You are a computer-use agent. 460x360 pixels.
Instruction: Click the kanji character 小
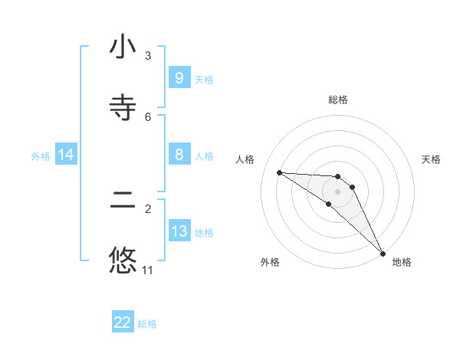click(x=123, y=47)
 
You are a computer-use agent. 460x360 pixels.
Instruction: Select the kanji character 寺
click(x=123, y=107)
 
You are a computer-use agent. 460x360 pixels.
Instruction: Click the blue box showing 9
click(x=179, y=78)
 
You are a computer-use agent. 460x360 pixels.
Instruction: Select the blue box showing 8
click(x=179, y=155)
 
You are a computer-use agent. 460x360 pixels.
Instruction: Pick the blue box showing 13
click(x=179, y=231)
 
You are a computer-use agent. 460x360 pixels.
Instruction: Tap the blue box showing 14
click(x=66, y=155)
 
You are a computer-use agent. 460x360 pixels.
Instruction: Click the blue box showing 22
click(x=123, y=322)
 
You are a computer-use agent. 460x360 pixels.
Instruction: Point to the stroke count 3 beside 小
click(x=148, y=56)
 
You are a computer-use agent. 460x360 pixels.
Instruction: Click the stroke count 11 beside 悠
click(x=147, y=270)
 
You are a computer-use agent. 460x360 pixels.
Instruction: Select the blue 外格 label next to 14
click(x=41, y=155)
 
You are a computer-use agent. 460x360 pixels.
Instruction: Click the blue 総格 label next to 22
click(x=147, y=324)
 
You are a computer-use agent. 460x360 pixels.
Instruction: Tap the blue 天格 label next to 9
click(x=204, y=79)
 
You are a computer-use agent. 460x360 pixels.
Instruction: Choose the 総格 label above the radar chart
click(x=338, y=100)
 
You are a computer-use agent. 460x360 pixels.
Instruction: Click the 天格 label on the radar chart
click(x=432, y=159)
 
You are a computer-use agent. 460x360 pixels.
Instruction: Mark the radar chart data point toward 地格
click(x=383, y=252)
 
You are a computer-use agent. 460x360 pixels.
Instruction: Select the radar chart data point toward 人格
click(x=279, y=172)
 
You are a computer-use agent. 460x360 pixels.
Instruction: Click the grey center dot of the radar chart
click(x=338, y=191)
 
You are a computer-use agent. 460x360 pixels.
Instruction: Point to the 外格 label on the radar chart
click(x=270, y=262)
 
